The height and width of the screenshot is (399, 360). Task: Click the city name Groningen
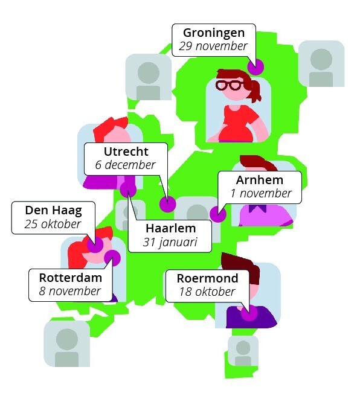click(214, 33)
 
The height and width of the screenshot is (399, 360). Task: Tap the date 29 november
click(213, 46)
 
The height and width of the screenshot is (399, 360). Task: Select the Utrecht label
click(126, 152)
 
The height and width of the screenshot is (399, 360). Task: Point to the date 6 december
click(125, 165)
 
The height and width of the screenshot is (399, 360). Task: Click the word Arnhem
click(260, 180)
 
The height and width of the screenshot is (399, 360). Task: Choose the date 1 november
click(261, 193)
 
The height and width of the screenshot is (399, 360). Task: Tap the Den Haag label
click(54, 211)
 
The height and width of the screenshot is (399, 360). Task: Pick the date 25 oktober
click(53, 224)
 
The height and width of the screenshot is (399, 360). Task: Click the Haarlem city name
click(170, 228)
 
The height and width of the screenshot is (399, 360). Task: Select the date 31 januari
click(170, 242)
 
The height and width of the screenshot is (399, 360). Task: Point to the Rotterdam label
click(71, 278)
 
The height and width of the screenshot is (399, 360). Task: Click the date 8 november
click(69, 291)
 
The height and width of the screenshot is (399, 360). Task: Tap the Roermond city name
click(208, 278)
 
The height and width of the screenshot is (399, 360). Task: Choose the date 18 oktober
click(207, 292)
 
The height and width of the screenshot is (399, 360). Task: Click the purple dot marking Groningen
click(256, 67)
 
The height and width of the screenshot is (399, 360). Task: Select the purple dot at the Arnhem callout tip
click(218, 214)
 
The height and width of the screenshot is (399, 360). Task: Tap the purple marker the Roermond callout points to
click(249, 313)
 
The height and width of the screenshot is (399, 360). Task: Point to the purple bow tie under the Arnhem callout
click(258, 208)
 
